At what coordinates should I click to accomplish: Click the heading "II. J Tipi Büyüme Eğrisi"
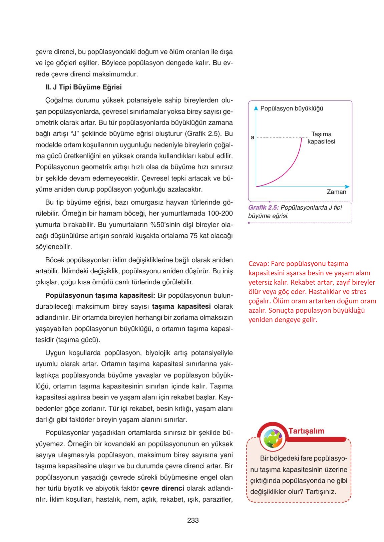(83, 87)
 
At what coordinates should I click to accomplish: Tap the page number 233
(193, 520)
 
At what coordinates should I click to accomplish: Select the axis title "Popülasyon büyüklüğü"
(292, 108)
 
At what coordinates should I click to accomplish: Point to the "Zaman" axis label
(336, 192)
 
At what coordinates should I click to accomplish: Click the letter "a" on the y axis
(253, 138)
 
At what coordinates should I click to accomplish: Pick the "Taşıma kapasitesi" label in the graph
(321, 138)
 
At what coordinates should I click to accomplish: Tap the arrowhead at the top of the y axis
(256, 108)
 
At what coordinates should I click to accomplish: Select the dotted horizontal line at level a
(280, 138)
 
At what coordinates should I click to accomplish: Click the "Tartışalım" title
(306, 431)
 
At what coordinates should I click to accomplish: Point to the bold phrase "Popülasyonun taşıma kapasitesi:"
(100, 295)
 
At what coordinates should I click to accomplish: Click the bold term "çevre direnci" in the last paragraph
(162, 488)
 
